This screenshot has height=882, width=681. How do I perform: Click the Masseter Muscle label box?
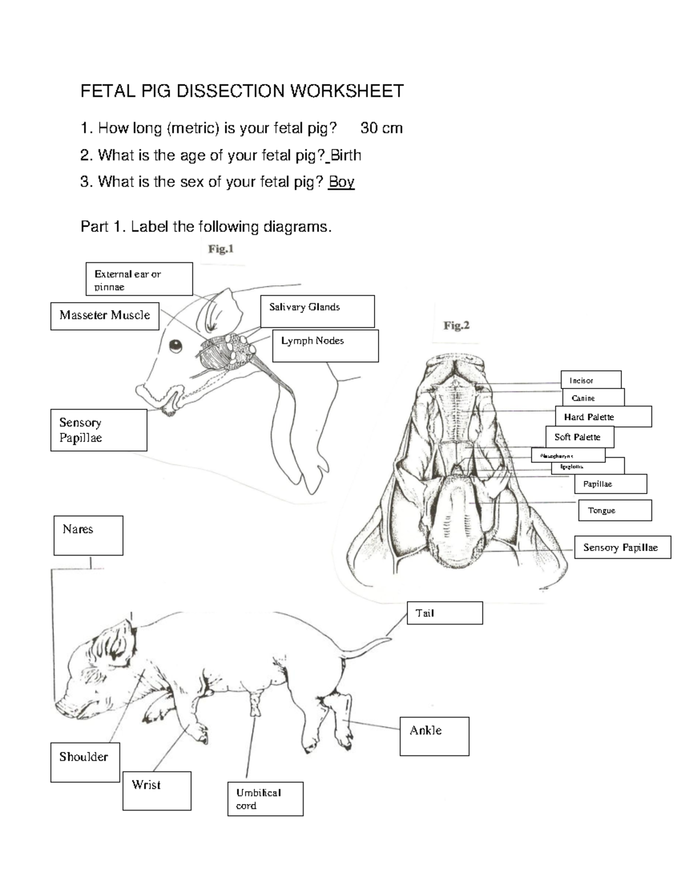pyautogui.click(x=105, y=316)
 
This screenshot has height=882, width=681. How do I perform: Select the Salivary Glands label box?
pyautogui.click(x=317, y=311)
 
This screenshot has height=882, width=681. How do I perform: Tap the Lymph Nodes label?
pyautogui.click(x=325, y=345)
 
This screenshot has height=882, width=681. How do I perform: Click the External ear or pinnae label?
pyautogui.click(x=139, y=279)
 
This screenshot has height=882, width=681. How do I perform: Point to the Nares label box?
pyautogui.click(x=89, y=535)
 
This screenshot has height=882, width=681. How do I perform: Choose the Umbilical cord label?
pyautogui.click(x=265, y=799)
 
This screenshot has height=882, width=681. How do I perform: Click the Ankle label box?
pyautogui.click(x=434, y=736)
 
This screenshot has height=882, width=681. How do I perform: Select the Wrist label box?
pyautogui.click(x=157, y=790)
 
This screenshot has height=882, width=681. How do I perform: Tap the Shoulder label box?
pyautogui.click(x=85, y=762)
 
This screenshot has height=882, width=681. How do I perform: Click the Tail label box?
pyautogui.click(x=445, y=613)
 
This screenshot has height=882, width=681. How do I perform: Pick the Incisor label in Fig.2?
pyautogui.click(x=591, y=380)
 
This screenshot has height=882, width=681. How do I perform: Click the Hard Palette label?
pyautogui.click(x=603, y=416)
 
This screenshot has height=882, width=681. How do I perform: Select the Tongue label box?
pyautogui.click(x=615, y=510)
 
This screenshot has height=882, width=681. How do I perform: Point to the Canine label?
pyautogui.click(x=593, y=398)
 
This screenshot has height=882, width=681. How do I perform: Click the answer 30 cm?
pyautogui.click(x=381, y=128)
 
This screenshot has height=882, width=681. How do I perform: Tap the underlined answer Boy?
pyautogui.click(x=342, y=182)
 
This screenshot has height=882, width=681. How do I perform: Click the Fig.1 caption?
pyautogui.click(x=221, y=249)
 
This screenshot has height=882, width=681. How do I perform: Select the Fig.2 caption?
pyautogui.click(x=456, y=325)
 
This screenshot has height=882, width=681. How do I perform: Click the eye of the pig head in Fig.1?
pyautogui.click(x=176, y=345)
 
